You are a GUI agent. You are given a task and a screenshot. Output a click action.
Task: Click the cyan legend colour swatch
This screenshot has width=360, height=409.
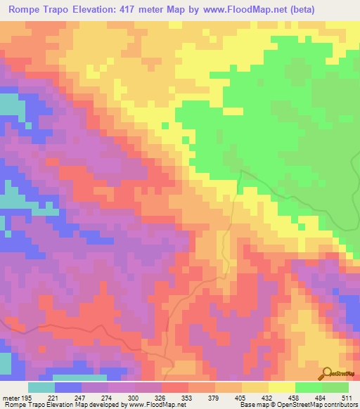pyautogui.click(x=41, y=387)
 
